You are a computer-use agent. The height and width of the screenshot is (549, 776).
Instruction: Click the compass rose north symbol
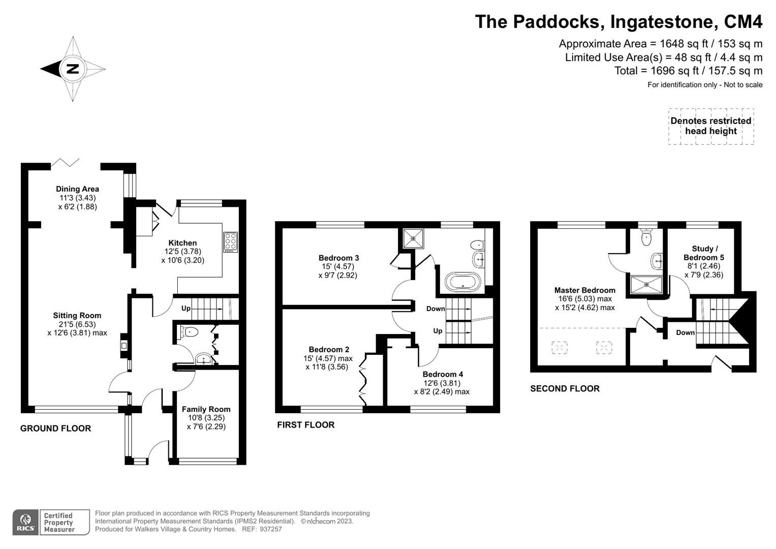(73, 69)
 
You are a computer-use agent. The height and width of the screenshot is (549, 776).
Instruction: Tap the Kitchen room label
(182, 243)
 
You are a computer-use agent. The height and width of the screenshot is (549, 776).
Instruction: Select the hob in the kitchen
(230, 242)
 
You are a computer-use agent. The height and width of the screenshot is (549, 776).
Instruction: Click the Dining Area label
(77, 189)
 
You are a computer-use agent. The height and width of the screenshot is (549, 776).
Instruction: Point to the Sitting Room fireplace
(123, 345)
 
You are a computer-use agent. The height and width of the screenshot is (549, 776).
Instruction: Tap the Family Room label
(206, 409)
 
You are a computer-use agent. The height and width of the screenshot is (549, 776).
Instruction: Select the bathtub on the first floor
(462, 281)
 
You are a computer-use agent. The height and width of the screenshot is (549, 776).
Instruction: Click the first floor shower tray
(413, 237)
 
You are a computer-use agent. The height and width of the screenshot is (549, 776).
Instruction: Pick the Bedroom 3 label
(338, 258)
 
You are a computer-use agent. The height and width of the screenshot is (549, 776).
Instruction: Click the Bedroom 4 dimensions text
(441, 387)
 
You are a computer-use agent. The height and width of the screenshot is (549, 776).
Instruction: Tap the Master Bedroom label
(584, 290)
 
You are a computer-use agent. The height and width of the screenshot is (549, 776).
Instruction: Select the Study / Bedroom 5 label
(703, 253)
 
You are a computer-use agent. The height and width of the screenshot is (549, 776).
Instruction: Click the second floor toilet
(646, 237)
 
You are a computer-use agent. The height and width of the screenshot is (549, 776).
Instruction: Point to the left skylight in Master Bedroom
(560, 348)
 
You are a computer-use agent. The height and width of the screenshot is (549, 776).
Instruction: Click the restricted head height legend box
(710, 126)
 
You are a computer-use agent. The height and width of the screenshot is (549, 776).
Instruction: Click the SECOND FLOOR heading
(565, 388)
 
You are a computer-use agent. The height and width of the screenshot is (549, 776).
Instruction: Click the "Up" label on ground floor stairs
(186, 309)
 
